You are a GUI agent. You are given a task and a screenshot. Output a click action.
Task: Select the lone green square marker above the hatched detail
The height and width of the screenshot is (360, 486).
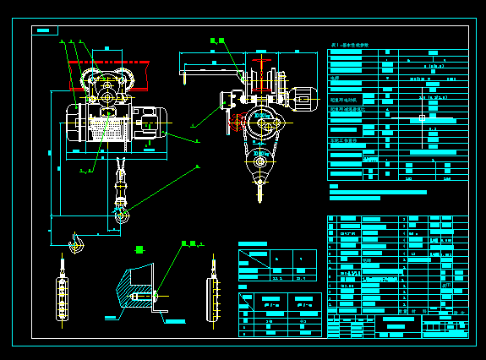pos(139,249)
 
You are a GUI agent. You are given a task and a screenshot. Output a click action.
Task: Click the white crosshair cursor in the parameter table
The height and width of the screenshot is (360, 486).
pos(422,117)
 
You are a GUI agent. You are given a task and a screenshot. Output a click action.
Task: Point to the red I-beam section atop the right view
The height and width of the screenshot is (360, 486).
pos(264,64)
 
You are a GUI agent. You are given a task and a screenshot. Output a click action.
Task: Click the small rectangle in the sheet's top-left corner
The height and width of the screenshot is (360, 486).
pos(45,30)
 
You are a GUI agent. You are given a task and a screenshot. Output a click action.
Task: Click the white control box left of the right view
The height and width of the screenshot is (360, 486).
pos(228,99)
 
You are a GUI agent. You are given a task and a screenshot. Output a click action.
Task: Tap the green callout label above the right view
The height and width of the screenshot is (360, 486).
pos(218,41)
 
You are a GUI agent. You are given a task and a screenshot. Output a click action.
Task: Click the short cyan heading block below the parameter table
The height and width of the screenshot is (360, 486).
pos(334,186)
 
